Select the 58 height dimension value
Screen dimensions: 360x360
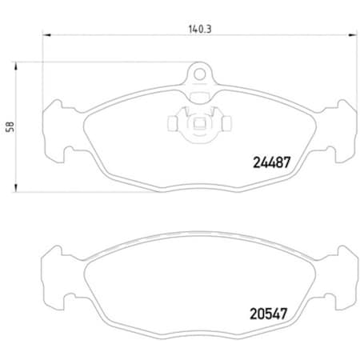coord(10,126)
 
